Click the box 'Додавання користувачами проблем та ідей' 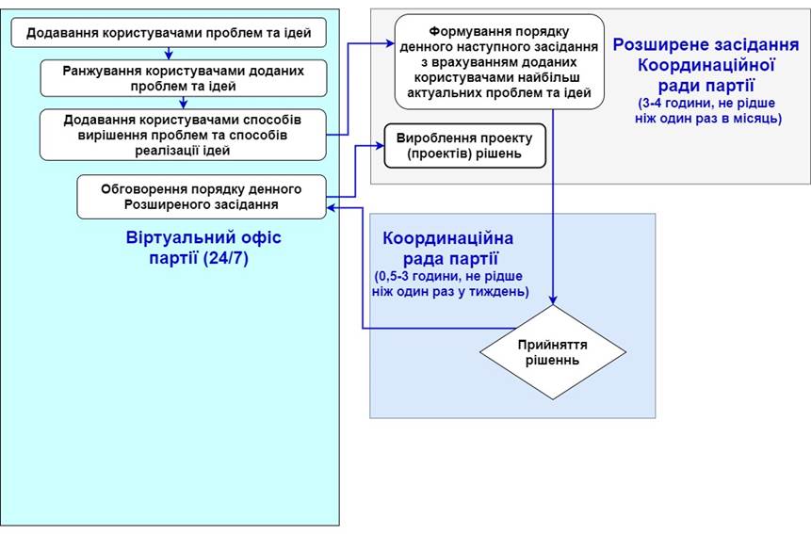169,34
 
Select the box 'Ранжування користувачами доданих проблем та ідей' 184,78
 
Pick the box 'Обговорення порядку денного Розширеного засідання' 202,196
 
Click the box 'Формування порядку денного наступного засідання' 498,62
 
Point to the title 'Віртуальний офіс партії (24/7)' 203,248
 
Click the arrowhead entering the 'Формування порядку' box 388,42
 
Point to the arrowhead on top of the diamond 552,299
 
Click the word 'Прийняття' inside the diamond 552,344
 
